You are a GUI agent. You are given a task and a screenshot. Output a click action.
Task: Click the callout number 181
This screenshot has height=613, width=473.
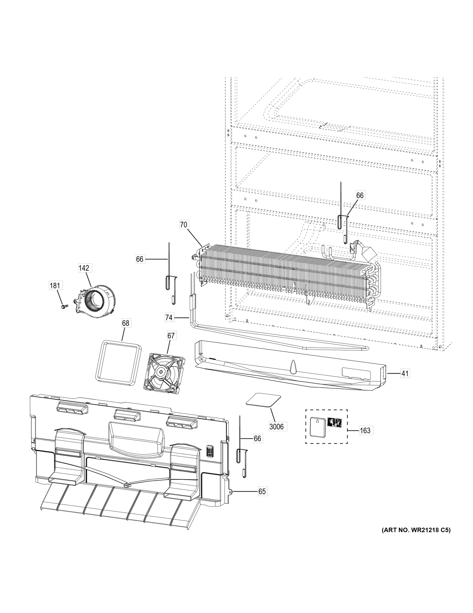55,286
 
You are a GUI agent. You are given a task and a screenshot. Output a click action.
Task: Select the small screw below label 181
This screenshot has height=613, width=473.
63,307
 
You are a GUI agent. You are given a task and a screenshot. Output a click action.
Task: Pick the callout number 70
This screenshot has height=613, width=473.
184,225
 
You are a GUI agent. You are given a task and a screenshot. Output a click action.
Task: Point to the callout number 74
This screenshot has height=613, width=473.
169,317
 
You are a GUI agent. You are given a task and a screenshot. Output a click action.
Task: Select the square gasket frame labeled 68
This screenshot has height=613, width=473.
118,362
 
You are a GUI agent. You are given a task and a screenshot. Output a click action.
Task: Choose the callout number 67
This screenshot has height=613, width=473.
171,335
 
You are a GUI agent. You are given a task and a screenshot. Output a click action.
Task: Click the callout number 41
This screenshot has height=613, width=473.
405,374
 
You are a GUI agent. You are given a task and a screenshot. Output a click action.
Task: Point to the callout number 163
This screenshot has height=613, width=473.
365,430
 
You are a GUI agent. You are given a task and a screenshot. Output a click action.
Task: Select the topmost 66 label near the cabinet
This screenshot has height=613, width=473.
360,195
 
